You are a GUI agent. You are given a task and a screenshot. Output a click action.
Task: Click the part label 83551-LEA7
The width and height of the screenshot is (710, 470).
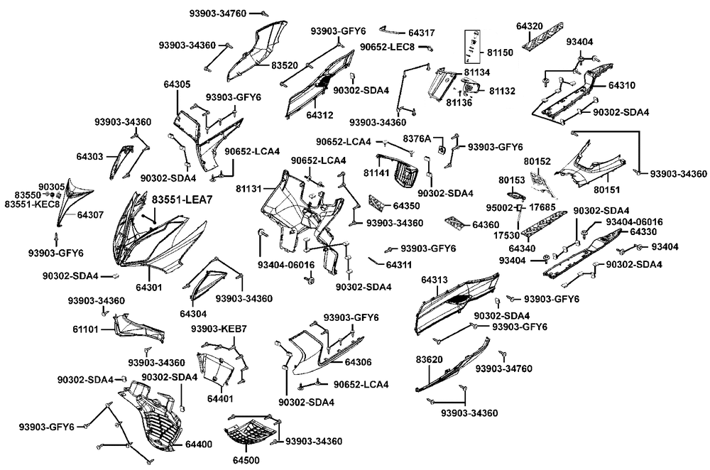coord(182,202)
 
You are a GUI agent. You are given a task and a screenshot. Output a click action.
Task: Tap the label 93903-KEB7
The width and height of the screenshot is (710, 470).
coord(219,329)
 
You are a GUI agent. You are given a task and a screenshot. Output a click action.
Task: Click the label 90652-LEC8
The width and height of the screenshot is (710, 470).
coord(386,47)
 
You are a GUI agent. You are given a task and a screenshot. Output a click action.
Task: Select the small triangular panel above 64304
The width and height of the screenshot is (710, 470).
coord(210,280)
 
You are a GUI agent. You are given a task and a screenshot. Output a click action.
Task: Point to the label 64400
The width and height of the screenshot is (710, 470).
coord(199,444)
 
